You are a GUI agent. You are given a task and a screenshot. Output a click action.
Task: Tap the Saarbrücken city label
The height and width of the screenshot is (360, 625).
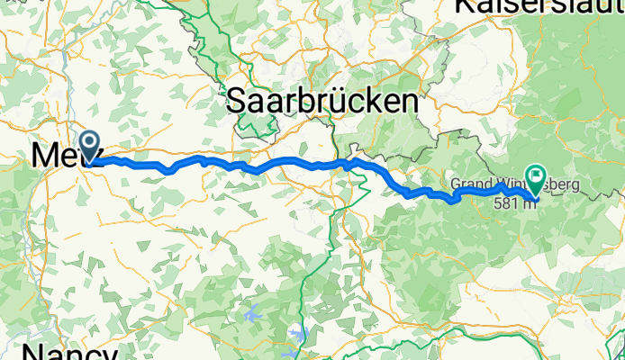click(x=322, y=101)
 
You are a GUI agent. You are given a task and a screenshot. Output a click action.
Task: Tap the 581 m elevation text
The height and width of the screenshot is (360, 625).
click(x=515, y=202)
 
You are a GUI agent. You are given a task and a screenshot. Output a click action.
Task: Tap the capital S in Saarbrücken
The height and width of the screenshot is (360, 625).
click(x=236, y=101)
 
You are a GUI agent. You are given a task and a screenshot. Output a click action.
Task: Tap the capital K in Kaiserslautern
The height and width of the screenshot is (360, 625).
click(x=465, y=6)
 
